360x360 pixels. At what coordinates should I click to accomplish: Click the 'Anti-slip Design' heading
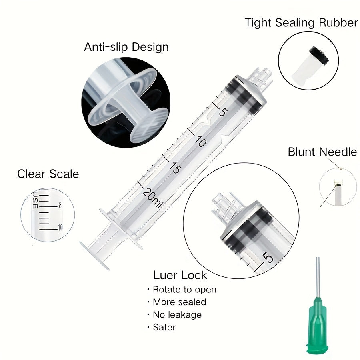pyautogui.click(x=126, y=47)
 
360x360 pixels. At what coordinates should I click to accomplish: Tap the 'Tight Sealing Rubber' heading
pyautogui.click(x=301, y=23)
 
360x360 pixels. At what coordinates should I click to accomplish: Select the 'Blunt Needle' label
pyautogui.click(x=322, y=152)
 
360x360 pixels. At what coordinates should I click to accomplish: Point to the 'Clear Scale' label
pyautogui.click(x=48, y=174)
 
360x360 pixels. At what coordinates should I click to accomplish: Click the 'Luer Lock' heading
pyautogui.click(x=180, y=275)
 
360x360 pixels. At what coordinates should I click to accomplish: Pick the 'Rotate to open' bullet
pyautogui.click(x=184, y=290)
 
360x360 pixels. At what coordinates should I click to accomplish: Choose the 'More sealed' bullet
pyautogui.click(x=179, y=302)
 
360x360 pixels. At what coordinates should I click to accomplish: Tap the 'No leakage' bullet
pyautogui.click(x=177, y=314)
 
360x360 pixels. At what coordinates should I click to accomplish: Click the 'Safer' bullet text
pyautogui.click(x=164, y=327)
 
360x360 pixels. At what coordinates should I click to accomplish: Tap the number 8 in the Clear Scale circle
pyautogui.click(x=60, y=205)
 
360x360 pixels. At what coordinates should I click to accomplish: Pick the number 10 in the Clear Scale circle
pyautogui.click(x=60, y=228)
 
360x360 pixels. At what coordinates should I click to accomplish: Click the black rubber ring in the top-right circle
pyautogui.click(x=319, y=55)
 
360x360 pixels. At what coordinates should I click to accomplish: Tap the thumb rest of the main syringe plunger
pyautogui.click(x=94, y=255)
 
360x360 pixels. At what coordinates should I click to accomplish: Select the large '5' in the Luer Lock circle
pyautogui.click(x=268, y=257)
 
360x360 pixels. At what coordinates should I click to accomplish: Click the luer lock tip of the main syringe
pyautogui.click(x=260, y=78)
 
